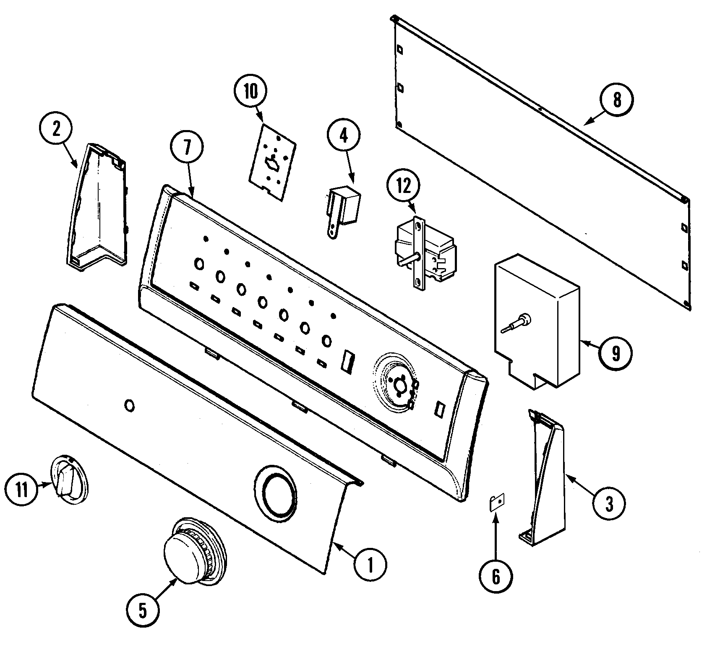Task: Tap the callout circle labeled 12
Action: pos(403,187)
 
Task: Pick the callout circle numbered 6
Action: pos(496,577)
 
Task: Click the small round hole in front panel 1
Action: pos(130,406)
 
